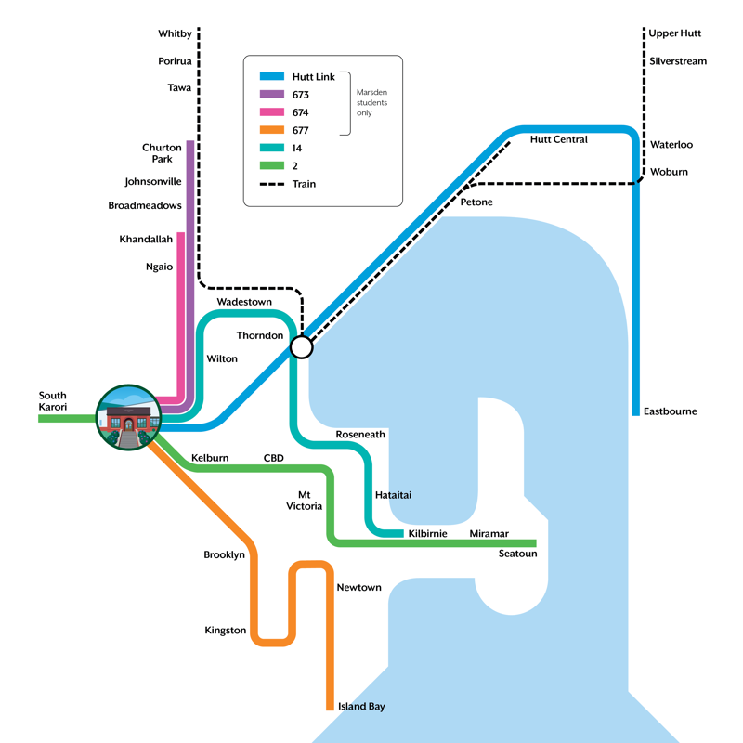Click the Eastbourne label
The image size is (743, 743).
(670, 411)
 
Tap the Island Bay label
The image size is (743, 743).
(361, 707)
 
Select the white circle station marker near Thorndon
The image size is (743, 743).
(302, 347)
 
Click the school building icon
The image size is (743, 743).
(128, 418)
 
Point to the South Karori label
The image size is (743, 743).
(53, 400)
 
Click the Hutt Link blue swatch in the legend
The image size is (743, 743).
(271, 77)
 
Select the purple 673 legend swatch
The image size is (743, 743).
(271, 95)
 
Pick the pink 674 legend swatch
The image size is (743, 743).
(271, 112)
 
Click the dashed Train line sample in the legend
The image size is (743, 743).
(271, 184)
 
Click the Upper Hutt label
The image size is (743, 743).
(675, 33)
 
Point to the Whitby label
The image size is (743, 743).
(175, 33)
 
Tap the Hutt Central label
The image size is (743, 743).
(558, 140)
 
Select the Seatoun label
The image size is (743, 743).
(517, 554)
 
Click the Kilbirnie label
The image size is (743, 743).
(428, 534)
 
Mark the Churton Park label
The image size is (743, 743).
(162, 153)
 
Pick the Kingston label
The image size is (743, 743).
(226, 631)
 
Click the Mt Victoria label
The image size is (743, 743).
(304, 501)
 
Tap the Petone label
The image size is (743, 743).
(476, 202)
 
